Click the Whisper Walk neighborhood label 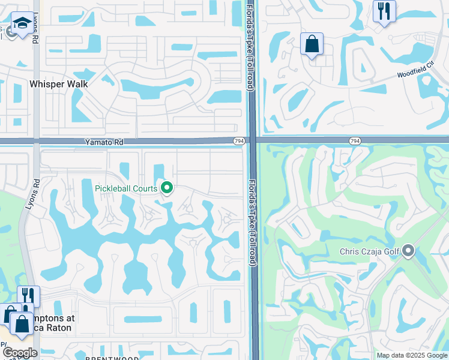tap(58, 84)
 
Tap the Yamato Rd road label tap(104, 142)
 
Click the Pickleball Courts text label tap(126, 188)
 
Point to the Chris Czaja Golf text tap(369, 251)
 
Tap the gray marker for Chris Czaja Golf tap(409, 251)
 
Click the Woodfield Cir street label tap(415, 73)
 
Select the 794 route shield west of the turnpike tap(239, 141)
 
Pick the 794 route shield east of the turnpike tap(355, 140)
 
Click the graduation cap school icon tap(22, 23)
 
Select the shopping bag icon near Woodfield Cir tap(312, 44)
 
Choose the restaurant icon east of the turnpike tap(384, 11)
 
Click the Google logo tap(19, 353)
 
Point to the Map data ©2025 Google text tap(411, 355)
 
